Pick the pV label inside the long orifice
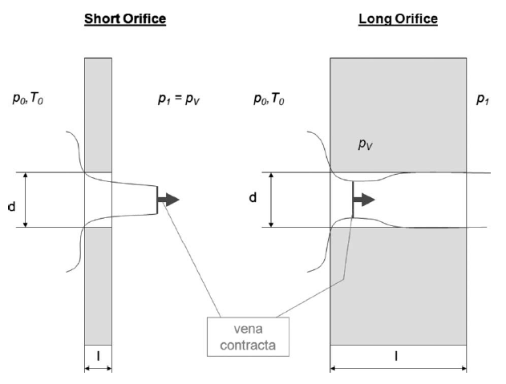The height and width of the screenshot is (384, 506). point(367,145)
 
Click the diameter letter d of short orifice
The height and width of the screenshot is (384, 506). point(11,206)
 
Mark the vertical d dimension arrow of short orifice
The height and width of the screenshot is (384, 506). point(27,200)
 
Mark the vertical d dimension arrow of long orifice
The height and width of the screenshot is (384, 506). point(272,200)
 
